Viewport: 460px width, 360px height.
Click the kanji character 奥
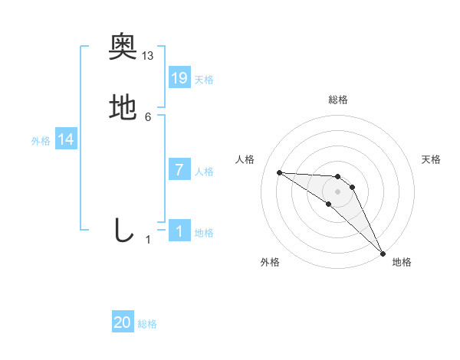click(123, 47)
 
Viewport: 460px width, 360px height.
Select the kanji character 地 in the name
click(123, 107)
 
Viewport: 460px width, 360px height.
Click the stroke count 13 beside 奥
click(148, 55)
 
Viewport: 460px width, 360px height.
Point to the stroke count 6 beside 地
click(148, 116)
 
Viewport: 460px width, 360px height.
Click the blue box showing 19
click(179, 77)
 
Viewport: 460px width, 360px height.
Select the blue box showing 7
click(179, 170)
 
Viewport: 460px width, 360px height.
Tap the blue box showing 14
click(66, 139)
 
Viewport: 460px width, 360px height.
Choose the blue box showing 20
click(123, 323)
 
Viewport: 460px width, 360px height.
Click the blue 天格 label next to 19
click(204, 80)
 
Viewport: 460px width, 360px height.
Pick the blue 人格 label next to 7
click(204, 172)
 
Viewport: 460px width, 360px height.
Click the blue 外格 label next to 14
click(41, 141)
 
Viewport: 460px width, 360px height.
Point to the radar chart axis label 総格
click(337, 100)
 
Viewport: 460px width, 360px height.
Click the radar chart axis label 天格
click(432, 159)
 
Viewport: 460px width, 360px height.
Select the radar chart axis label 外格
click(269, 262)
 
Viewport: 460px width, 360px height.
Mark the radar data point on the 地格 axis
click(383, 253)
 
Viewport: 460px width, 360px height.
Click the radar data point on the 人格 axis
click(280, 172)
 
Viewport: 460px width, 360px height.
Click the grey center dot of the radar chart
click(337, 191)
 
